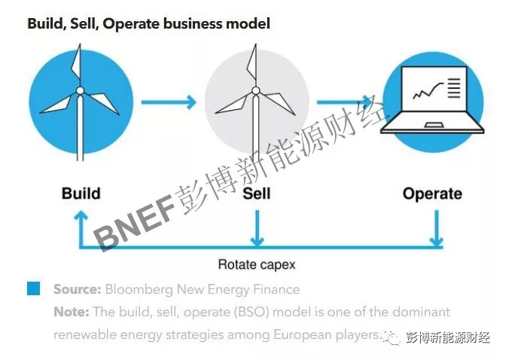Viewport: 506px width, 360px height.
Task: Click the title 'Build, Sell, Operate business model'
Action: pyautogui.click(x=148, y=23)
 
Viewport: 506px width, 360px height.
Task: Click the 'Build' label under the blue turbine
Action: pyautogui.click(x=81, y=194)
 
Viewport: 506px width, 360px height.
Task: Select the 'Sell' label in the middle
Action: pyautogui.click(x=256, y=194)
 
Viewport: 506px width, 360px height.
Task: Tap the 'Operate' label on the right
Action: pyautogui.click(x=432, y=194)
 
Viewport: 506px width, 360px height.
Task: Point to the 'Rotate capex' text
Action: pyautogui.click(x=256, y=264)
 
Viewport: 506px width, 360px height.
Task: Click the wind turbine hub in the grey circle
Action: pyautogui.click(x=256, y=91)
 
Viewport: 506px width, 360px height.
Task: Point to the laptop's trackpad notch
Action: pyautogui.click(x=433, y=124)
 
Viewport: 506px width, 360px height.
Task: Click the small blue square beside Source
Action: pyautogui.click(x=33, y=288)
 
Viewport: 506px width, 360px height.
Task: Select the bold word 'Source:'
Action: pyautogui.click(x=77, y=289)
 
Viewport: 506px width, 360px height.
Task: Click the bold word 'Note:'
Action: pyautogui.click(x=71, y=311)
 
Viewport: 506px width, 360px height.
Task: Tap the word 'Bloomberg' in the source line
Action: pyautogui.click(x=139, y=289)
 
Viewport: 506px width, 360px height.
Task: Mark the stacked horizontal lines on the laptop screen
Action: pyautogui.click(x=453, y=89)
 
